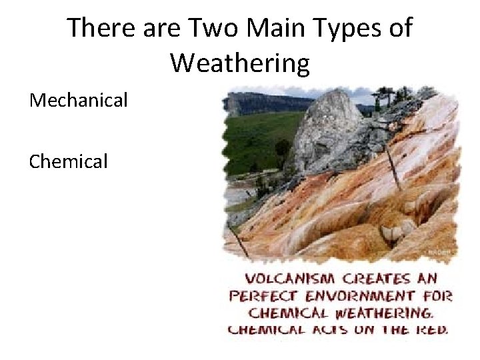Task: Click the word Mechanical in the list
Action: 78,101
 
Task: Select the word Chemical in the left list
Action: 68,161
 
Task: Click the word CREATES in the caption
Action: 371,278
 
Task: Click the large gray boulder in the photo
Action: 325,127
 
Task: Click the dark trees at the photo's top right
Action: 400,100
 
